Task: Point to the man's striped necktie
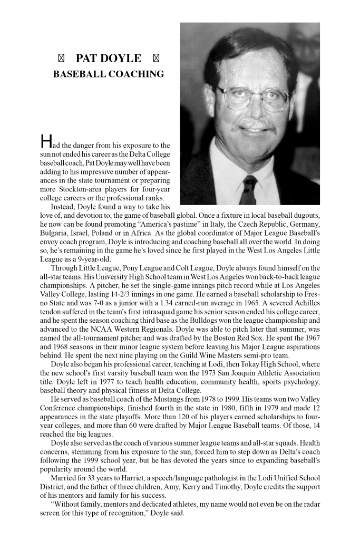pyautogui.click(x=248, y=190)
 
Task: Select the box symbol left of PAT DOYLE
pyautogui.click(x=60, y=58)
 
